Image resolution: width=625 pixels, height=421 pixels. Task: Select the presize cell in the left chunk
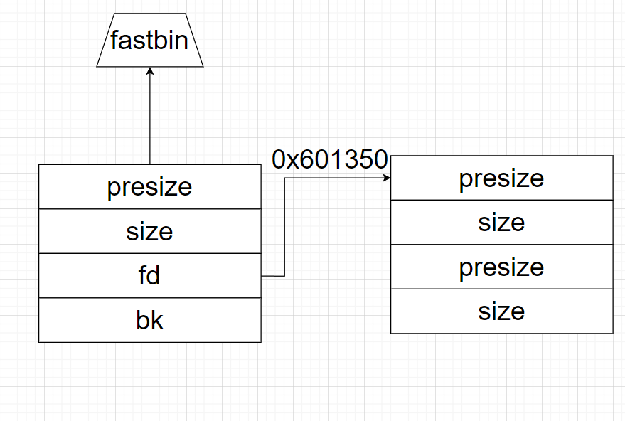[150, 187]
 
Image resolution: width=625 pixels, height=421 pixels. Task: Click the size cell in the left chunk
[150, 231]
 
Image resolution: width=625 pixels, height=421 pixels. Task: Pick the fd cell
[150, 276]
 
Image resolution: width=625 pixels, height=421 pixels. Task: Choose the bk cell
[150, 320]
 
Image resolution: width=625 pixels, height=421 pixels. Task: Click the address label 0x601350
[329, 160]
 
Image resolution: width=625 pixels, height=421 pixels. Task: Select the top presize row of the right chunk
[501, 178]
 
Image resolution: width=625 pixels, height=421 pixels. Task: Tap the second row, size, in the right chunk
[501, 223]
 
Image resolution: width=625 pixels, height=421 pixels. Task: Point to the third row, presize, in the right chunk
[501, 267]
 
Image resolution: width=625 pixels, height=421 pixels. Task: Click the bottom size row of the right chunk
[501, 311]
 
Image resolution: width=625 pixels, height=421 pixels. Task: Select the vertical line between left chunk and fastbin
[150, 121]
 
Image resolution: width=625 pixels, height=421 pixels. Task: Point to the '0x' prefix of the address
[283, 160]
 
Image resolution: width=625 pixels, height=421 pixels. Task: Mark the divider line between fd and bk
[150, 298]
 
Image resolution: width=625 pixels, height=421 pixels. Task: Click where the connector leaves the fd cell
[263, 275]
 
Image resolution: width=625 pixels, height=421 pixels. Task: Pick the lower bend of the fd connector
[285, 275]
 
